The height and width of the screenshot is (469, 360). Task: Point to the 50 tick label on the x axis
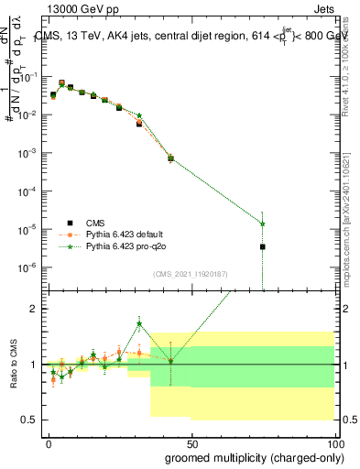(191, 441)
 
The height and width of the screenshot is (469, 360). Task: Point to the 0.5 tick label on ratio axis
(30, 420)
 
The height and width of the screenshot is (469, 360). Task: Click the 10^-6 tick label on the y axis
(27, 267)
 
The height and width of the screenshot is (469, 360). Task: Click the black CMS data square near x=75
(263, 246)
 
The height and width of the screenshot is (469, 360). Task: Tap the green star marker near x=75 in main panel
(263, 224)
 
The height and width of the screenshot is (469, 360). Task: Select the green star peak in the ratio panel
(139, 323)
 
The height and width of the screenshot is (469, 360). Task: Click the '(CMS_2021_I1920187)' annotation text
(191, 274)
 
